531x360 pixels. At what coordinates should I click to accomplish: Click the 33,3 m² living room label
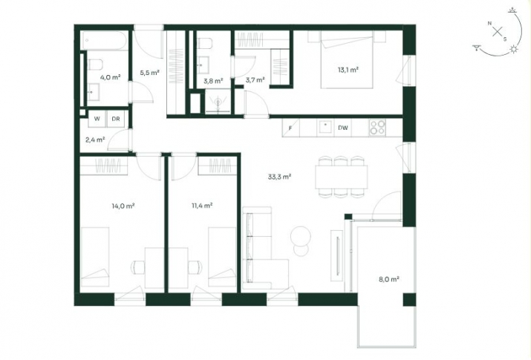coord(279,177)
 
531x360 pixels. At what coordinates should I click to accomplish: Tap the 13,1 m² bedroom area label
coord(348,71)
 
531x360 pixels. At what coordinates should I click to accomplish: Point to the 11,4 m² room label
coord(202,206)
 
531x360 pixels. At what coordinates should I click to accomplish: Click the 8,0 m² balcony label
coord(389,280)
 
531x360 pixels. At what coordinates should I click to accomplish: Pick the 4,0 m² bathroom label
coord(110,76)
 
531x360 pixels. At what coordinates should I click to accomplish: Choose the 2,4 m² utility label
coord(95,139)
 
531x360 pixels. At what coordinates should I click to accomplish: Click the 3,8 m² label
coord(214,81)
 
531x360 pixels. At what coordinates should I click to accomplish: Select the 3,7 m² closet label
coord(255,81)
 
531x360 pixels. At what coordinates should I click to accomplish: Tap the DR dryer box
coord(117,119)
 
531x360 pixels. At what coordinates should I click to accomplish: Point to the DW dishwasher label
coord(343,128)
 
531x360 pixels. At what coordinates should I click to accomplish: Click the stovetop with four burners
coord(377,127)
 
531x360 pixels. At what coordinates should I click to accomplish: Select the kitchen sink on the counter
coord(324,126)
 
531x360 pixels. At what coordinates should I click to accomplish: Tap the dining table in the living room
coord(340,176)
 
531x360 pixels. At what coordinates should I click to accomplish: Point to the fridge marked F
coord(290,128)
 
